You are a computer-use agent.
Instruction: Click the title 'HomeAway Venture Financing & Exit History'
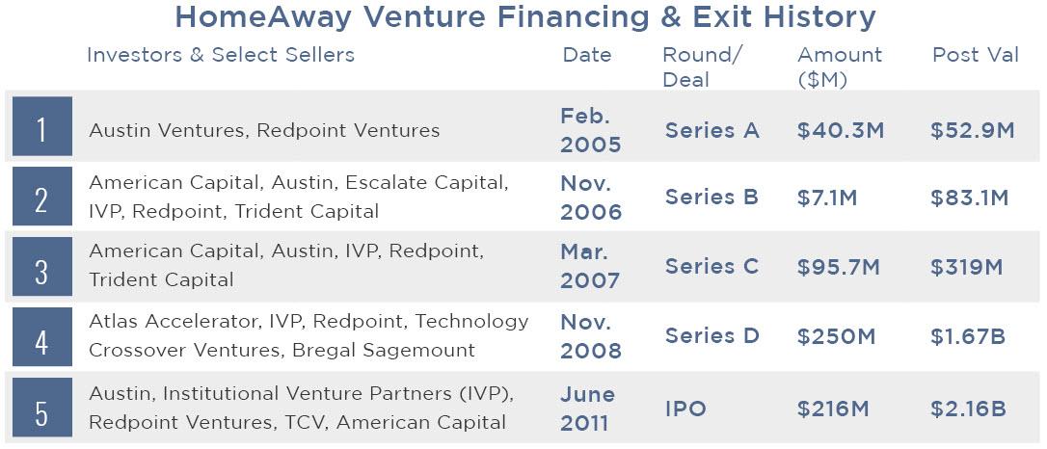pyautogui.click(x=524, y=18)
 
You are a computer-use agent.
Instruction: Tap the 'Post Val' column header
pyautogui.click(x=976, y=55)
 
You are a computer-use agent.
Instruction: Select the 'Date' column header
pyautogui.click(x=587, y=55)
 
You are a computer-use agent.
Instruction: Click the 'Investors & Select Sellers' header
pyautogui.click(x=221, y=55)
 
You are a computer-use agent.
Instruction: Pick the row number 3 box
pyautogui.click(x=42, y=266)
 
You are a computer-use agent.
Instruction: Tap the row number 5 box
pyautogui.click(x=42, y=407)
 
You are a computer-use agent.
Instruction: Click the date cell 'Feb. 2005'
pyautogui.click(x=590, y=130)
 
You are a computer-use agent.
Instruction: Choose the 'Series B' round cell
pyautogui.click(x=711, y=198)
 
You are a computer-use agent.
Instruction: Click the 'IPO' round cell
pyautogui.click(x=685, y=409)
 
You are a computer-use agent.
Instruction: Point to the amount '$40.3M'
pyautogui.click(x=841, y=131)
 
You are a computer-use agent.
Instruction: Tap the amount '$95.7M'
pyautogui.click(x=839, y=268)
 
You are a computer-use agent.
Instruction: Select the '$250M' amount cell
pyautogui.click(x=836, y=337)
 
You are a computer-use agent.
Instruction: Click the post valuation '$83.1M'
pyautogui.click(x=970, y=198)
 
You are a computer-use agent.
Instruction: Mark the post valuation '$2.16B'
pyautogui.click(x=968, y=409)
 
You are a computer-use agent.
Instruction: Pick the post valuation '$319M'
pyautogui.click(x=967, y=268)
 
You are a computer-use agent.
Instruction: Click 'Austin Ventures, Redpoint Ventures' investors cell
pyautogui.click(x=264, y=130)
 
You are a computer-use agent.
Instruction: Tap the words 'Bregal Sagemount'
pyautogui.click(x=384, y=351)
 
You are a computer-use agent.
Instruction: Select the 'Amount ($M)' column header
pyautogui.click(x=840, y=67)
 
